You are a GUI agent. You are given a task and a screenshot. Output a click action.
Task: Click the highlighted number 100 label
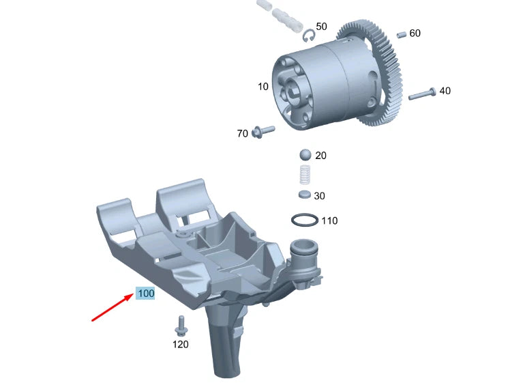click(x=145, y=294)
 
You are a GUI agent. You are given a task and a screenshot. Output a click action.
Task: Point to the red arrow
click(x=112, y=307)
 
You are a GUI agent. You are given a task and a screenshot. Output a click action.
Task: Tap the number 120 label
click(x=180, y=344)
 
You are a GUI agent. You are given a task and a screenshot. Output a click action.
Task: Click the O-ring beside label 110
click(x=305, y=220)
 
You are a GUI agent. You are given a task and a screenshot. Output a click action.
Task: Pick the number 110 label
click(x=329, y=221)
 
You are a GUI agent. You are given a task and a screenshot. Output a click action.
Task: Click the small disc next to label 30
click(x=305, y=195)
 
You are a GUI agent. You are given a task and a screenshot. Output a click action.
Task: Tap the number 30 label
click(x=319, y=196)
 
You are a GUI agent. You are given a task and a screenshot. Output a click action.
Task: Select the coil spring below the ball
click(x=305, y=175)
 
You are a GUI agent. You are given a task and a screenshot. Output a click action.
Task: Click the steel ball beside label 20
click(x=305, y=155)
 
